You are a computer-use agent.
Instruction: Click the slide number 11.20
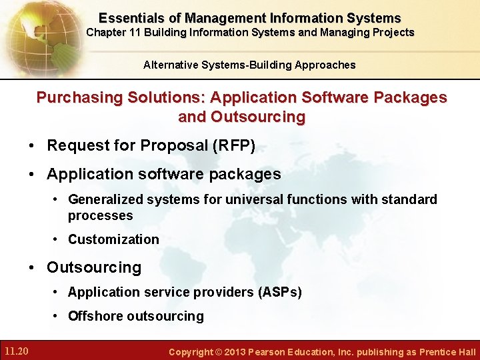15,351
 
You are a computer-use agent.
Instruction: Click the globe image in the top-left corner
37,33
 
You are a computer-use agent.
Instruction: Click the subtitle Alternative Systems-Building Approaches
249,65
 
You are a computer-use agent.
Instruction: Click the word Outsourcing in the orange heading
258,117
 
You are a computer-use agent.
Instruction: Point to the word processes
100,215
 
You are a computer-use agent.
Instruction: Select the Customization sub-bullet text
113,239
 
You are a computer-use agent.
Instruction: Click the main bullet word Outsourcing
94,267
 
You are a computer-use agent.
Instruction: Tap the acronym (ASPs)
279,292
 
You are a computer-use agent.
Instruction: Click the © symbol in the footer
217,352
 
